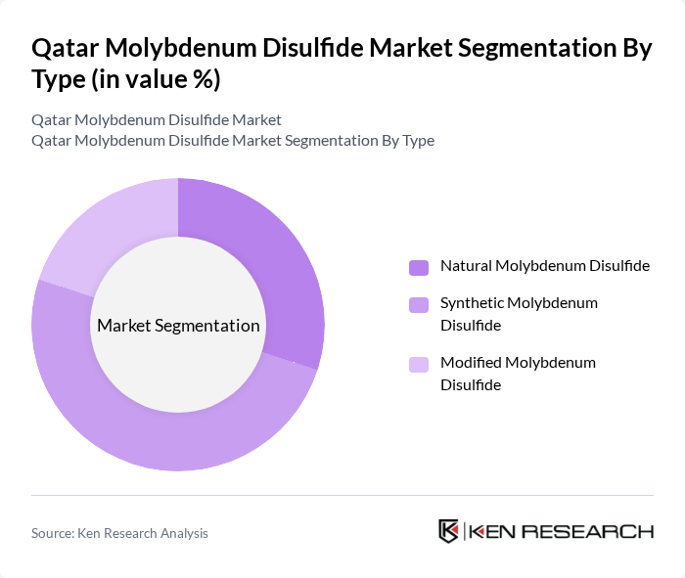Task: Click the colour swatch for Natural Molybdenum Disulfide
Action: click(418, 267)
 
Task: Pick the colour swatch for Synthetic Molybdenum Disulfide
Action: click(418, 304)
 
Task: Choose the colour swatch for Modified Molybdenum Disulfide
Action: click(418, 364)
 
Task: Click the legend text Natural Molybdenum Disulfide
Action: click(545, 266)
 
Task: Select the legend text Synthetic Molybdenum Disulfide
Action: click(519, 314)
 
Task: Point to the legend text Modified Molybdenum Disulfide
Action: click(518, 374)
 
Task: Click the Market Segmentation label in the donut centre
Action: click(178, 326)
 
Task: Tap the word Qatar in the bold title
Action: click(65, 49)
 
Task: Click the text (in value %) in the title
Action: click(158, 80)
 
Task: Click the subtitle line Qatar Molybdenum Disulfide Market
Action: click(157, 119)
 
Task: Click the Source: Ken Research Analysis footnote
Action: click(119, 533)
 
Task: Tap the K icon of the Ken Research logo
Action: click(449, 531)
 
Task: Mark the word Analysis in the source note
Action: click(183, 533)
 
